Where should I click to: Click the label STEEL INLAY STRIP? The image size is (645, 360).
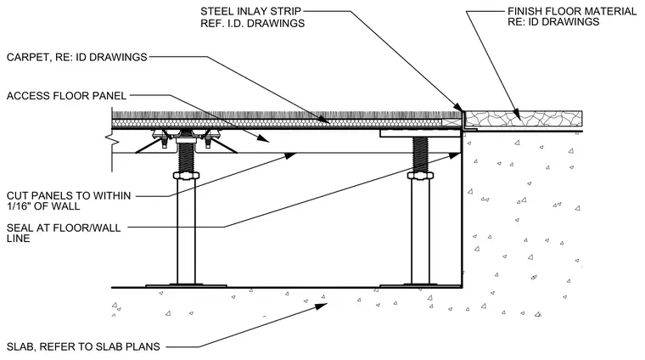click(251, 11)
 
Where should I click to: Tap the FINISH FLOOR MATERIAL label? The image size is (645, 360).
click(572, 11)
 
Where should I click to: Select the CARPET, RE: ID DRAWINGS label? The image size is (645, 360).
click(77, 57)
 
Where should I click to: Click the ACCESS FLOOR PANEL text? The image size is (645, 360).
click(67, 96)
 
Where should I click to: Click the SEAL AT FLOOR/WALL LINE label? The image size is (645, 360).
click(64, 233)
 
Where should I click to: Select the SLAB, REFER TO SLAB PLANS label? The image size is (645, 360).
click(83, 346)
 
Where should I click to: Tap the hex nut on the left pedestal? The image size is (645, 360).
click(186, 176)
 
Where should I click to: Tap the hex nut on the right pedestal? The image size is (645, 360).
click(420, 176)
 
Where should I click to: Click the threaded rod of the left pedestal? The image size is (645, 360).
click(186, 158)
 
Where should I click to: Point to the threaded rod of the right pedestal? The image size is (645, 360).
click(420, 155)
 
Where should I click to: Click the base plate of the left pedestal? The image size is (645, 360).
click(186, 285)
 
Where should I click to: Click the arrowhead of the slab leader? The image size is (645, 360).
click(322, 307)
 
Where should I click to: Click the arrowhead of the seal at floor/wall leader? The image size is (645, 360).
click(455, 156)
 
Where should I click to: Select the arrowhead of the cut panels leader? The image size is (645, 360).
click(290, 156)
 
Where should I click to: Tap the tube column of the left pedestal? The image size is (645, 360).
click(186, 231)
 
